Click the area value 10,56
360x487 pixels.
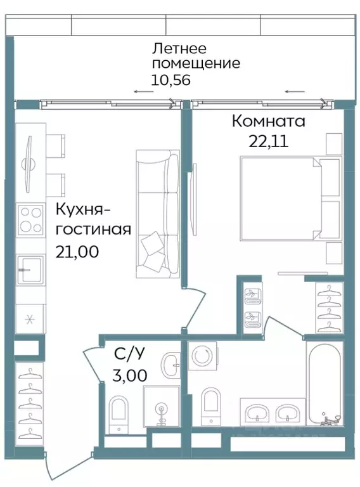(x=170, y=80)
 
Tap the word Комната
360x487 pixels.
(x=268, y=120)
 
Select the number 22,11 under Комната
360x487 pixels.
(x=268, y=141)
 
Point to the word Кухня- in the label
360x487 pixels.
(x=82, y=209)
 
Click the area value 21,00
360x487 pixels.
(x=78, y=251)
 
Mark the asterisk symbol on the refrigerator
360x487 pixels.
(x=29, y=320)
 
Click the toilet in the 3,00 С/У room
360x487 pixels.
(x=119, y=412)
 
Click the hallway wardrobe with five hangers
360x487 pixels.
(x=29, y=402)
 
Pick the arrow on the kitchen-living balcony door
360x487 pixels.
(x=143, y=92)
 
